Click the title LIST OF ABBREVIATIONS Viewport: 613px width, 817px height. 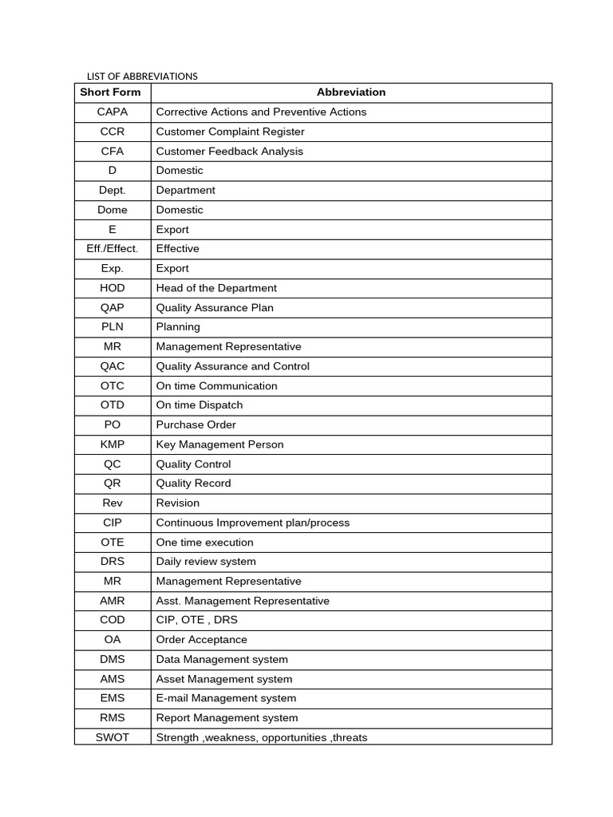(142, 77)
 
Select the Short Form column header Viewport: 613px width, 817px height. (110, 93)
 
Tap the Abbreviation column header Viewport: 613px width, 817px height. (350, 93)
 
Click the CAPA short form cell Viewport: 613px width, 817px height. (113, 112)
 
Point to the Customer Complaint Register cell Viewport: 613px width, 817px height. (230, 132)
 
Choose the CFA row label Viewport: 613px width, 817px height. (113, 152)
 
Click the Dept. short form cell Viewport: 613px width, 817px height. (113, 191)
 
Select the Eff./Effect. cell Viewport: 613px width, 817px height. (113, 249)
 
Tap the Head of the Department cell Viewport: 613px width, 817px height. (216, 288)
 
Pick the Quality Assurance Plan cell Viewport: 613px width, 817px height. (215, 308)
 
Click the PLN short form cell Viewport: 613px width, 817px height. (113, 327)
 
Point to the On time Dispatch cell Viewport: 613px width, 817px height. (200, 405)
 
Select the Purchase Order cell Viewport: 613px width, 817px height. (196, 425)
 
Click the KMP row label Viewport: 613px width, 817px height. (113, 444)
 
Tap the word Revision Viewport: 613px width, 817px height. (178, 503)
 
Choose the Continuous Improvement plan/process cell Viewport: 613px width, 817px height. (253, 523)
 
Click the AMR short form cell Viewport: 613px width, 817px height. (113, 601)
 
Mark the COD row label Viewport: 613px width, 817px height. (113, 620)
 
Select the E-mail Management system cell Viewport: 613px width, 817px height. (226, 698)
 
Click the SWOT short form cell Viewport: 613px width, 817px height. (113, 737)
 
